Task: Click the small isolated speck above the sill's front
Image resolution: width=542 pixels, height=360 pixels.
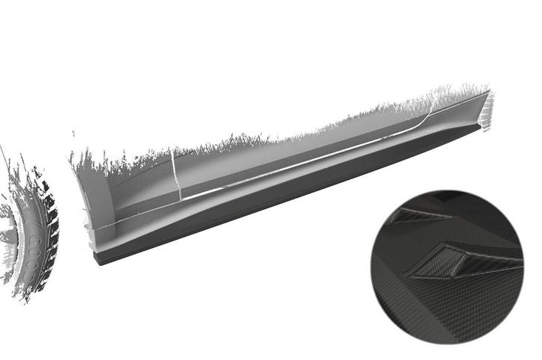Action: coord(73,135)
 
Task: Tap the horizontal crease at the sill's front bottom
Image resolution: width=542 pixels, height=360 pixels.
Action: coord(112,225)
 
